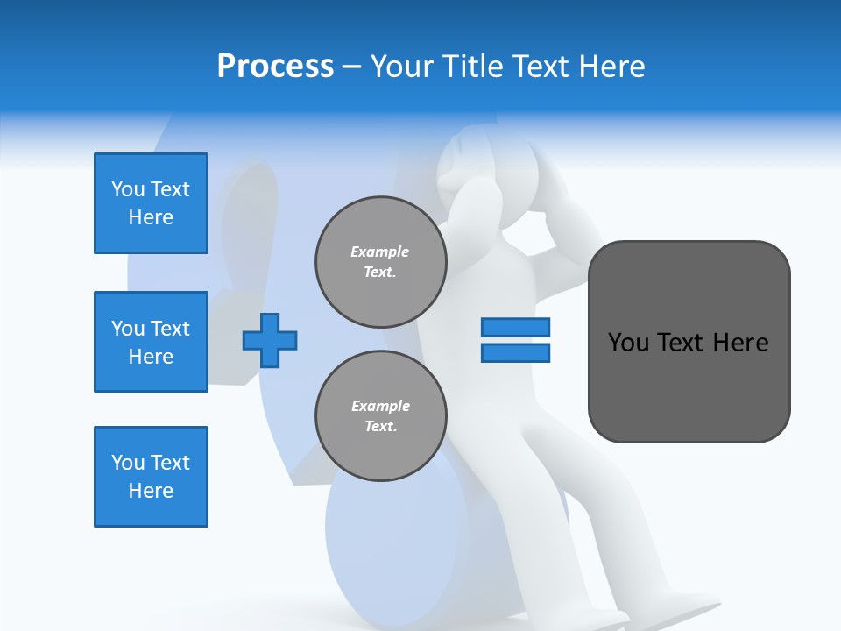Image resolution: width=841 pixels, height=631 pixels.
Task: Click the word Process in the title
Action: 275,67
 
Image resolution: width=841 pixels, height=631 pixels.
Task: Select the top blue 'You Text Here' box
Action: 151,203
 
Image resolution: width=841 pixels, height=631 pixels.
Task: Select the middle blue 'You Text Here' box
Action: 151,342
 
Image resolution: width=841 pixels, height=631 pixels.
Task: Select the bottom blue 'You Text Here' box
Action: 151,477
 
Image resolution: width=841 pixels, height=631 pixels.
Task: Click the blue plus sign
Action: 270,340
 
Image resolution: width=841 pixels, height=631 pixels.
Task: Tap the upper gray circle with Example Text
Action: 380,261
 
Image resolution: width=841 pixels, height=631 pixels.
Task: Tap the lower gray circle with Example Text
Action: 380,415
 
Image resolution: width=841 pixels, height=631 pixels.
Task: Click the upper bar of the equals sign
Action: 515,327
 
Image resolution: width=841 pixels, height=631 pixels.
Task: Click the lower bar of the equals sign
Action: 515,352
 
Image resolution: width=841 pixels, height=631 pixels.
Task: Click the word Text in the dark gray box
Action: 683,342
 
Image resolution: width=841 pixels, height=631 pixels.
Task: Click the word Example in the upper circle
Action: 380,252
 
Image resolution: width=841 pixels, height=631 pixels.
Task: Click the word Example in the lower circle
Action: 380,406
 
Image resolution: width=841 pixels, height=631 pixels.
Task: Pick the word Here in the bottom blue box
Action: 151,491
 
